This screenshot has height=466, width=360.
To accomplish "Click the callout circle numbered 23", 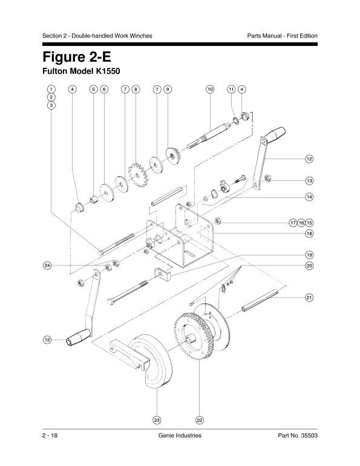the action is pyautogui.click(x=157, y=420).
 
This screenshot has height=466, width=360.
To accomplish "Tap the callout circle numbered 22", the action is pyautogui.click(x=200, y=420).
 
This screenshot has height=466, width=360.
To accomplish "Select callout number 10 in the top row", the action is pyautogui.click(x=210, y=89).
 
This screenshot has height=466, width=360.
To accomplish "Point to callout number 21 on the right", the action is pyautogui.click(x=309, y=298).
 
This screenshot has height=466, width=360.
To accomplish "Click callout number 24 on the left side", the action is pyautogui.click(x=47, y=266).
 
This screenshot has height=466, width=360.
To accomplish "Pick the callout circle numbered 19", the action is pyautogui.click(x=309, y=255).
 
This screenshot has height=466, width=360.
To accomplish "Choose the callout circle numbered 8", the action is pyautogui.click(x=136, y=89).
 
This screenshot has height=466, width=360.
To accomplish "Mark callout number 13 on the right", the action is pyautogui.click(x=309, y=180).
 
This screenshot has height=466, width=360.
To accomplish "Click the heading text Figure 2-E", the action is pyautogui.click(x=77, y=57).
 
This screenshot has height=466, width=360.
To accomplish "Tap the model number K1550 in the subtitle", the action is pyautogui.click(x=107, y=71).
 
